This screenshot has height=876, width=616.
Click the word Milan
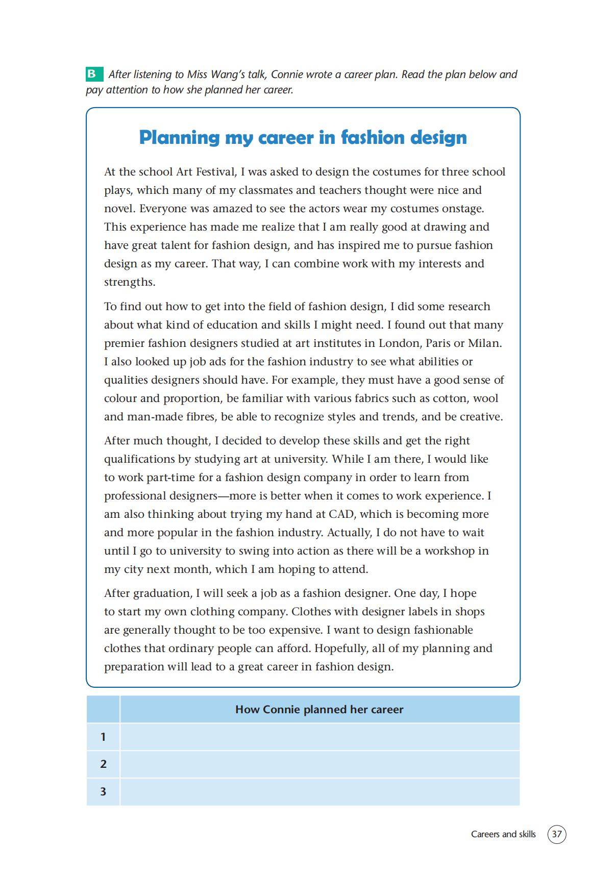tap(484, 343)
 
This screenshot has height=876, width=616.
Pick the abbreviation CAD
tap(341, 514)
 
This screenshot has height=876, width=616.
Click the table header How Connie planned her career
tap(319, 710)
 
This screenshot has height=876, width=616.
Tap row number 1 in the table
tap(103, 737)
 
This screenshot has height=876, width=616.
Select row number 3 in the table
tap(103, 792)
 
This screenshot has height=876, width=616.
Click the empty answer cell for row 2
tap(319, 764)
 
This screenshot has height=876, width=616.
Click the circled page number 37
tap(556, 834)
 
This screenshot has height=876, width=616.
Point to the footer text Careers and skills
tap(503, 834)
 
